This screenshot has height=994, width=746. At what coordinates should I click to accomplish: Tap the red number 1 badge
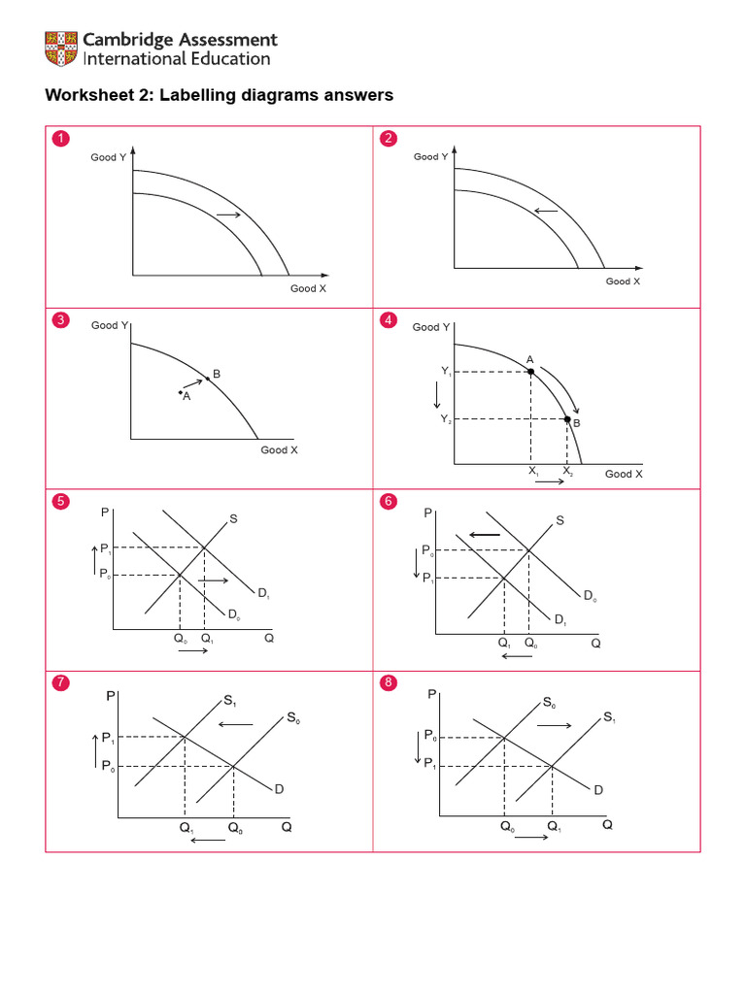pyautogui.click(x=61, y=139)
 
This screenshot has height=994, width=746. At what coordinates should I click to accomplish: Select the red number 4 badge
pyautogui.click(x=390, y=320)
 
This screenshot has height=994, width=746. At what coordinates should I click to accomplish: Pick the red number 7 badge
pyautogui.click(x=61, y=682)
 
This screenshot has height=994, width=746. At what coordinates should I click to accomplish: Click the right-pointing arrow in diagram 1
pyautogui.click(x=227, y=214)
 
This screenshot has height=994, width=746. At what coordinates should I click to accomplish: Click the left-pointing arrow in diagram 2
pyautogui.click(x=546, y=211)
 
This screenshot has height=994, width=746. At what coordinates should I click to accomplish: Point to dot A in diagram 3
pyautogui.click(x=180, y=392)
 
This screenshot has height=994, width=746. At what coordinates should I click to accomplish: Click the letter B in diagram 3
pyautogui.click(x=217, y=374)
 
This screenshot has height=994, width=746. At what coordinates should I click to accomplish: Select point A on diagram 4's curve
pyautogui.click(x=530, y=372)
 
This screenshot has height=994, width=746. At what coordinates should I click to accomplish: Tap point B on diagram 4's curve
pyautogui.click(x=568, y=418)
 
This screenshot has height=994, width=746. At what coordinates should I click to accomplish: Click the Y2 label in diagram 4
pyautogui.click(x=446, y=418)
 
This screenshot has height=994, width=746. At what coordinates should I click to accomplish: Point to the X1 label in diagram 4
pyautogui.click(x=533, y=471)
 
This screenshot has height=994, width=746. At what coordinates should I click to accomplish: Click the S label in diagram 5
pyautogui.click(x=233, y=519)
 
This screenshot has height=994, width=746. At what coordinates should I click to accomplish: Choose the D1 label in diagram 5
pyautogui.click(x=263, y=592)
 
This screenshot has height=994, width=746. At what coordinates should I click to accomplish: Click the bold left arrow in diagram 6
pyautogui.click(x=485, y=534)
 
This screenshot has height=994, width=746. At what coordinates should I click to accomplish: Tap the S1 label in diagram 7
pyautogui.click(x=229, y=700)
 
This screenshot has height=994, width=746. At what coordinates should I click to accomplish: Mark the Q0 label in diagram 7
pyautogui.click(x=236, y=828)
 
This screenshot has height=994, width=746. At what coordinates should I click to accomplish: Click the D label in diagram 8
pyautogui.click(x=598, y=790)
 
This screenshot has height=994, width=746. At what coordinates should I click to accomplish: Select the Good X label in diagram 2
pyautogui.click(x=623, y=282)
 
